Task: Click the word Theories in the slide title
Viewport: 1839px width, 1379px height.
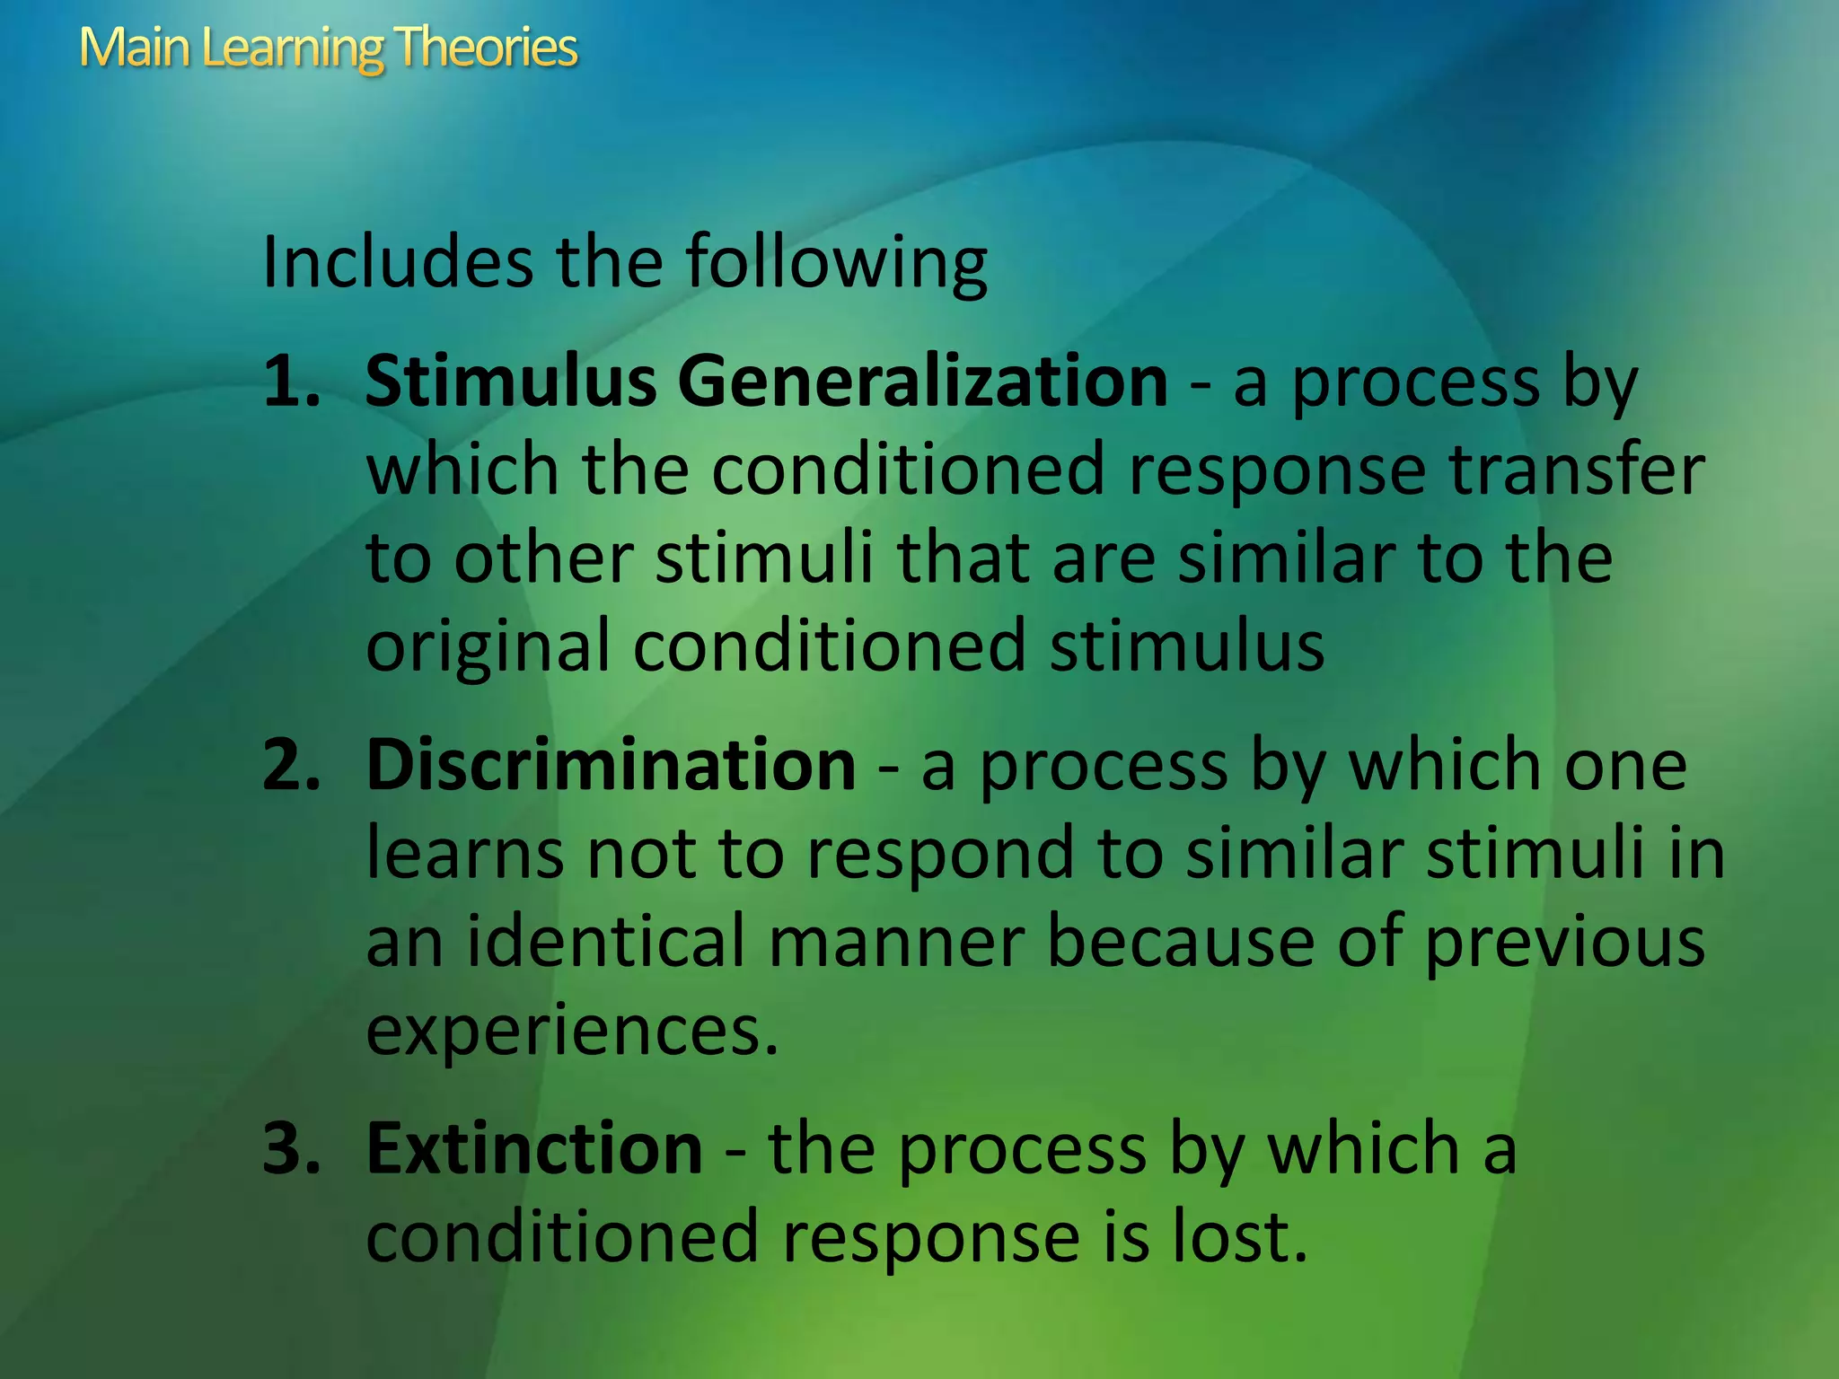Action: pyautogui.click(x=485, y=47)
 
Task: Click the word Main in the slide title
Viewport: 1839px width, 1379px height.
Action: pyautogui.click(x=135, y=47)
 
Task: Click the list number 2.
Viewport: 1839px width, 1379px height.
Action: pyautogui.click(x=291, y=765)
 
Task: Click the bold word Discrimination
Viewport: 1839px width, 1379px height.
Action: pyautogui.click(x=611, y=765)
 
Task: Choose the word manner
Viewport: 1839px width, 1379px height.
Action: pyautogui.click(x=896, y=943)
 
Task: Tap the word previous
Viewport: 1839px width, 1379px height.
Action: pyautogui.click(x=1564, y=943)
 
